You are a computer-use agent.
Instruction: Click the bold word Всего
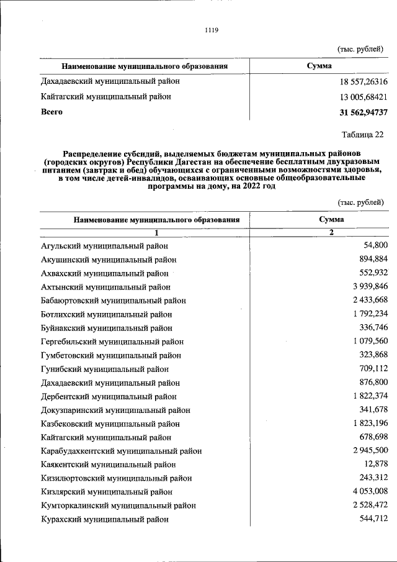point(52,112)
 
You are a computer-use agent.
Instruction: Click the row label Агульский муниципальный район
point(104,246)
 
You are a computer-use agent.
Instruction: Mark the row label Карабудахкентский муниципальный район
point(121,451)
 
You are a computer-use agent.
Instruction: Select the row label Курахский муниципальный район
point(104,519)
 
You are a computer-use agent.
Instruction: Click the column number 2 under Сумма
point(331,232)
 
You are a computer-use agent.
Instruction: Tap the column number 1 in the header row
point(156,232)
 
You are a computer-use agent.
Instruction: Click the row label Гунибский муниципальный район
point(102,369)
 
